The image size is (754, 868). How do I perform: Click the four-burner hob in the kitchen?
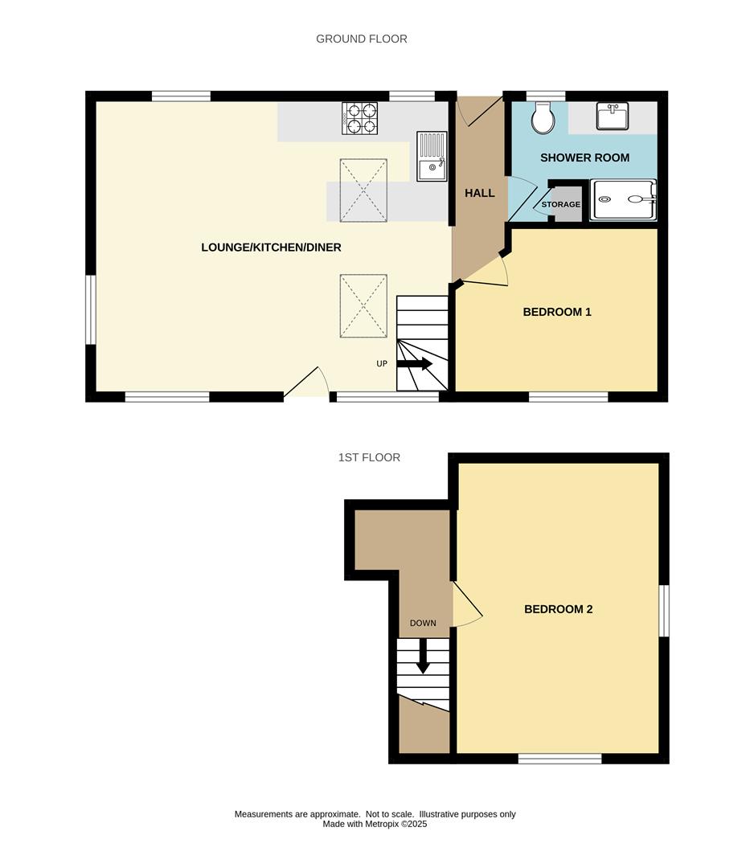click(x=360, y=118)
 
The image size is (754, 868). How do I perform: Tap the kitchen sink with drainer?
click(x=432, y=156)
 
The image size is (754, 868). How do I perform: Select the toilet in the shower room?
click(x=544, y=118)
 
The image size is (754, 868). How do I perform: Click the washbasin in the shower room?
click(x=613, y=117)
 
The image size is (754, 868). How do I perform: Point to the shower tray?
click(x=624, y=199)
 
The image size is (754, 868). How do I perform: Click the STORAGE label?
click(x=560, y=204)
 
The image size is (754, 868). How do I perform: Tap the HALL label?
click(x=480, y=193)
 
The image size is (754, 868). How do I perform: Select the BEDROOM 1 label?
click(x=557, y=312)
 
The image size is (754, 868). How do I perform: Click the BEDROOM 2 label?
click(x=558, y=609)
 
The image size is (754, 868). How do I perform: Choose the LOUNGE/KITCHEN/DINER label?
click(x=271, y=248)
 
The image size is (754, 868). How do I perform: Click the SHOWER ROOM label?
click(x=584, y=158)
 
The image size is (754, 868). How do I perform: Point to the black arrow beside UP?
click(x=415, y=363)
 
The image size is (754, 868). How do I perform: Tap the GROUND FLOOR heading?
click(x=362, y=39)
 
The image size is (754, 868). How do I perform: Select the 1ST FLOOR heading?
click(x=369, y=457)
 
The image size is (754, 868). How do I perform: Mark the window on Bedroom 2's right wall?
click(x=665, y=611)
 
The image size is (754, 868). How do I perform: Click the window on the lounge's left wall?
click(x=91, y=309)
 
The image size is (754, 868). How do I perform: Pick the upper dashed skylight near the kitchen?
click(x=363, y=190)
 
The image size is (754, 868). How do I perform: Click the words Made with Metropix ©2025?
click(x=375, y=824)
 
